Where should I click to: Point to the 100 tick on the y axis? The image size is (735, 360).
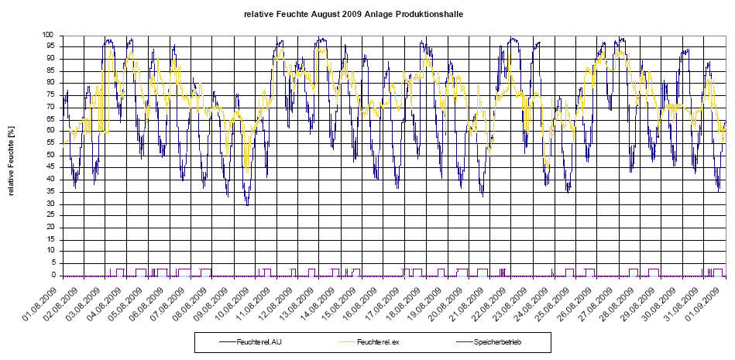click(48, 35)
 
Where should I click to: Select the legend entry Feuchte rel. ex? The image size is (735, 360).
click(376, 341)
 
